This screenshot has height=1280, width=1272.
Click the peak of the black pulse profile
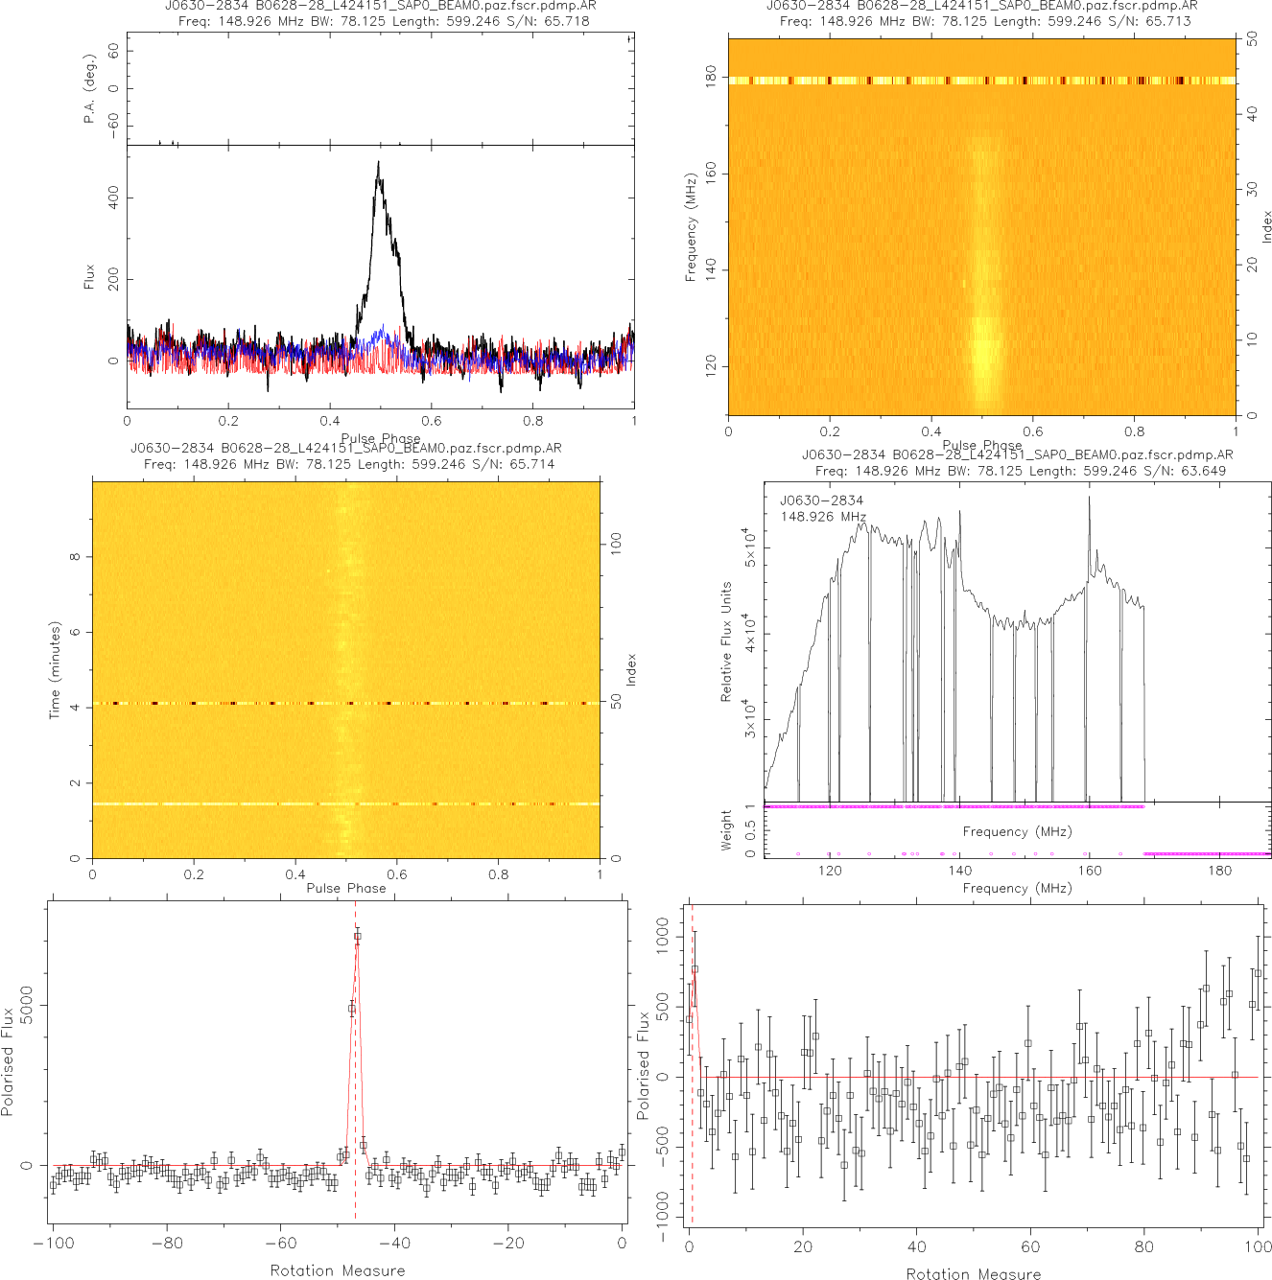[x=379, y=162]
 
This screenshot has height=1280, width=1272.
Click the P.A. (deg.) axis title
[x=90, y=97]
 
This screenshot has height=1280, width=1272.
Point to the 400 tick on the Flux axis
[x=114, y=198]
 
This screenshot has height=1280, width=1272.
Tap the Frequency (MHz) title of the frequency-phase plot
[x=690, y=227]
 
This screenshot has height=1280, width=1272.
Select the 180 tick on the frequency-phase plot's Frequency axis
[x=711, y=78]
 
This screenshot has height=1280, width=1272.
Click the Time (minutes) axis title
[x=55, y=670]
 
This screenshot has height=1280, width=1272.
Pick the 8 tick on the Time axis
[x=76, y=557]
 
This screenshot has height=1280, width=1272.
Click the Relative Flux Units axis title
[x=726, y=641]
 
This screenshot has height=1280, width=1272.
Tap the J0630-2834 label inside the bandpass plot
[x=821, y=500]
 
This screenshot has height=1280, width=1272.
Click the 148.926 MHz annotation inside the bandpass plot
[x=823, y=517]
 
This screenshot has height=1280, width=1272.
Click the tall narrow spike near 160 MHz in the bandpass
[x=1089, y=499]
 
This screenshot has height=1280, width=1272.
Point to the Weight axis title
[x=726, y=829]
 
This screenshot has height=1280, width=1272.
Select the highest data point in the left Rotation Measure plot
[x=358, y=936]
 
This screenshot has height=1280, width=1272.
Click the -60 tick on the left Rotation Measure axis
[x=281, y=1244]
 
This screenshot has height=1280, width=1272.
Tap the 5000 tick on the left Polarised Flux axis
[x=27, y=1005]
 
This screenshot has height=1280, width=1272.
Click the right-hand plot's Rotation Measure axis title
[x=974, y=1273]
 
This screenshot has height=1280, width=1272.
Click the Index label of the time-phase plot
[x=631, y=669]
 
